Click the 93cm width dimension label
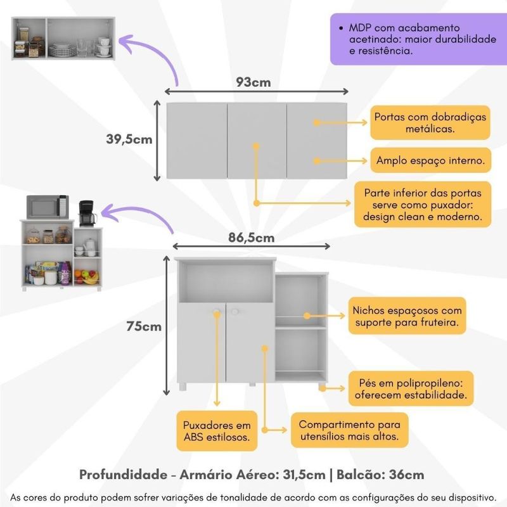point(253,82)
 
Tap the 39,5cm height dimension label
point(129,139)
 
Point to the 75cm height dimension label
point(144,326)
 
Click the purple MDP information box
point(416,39)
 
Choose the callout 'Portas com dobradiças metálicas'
point(430,122)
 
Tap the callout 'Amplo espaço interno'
point(430,160)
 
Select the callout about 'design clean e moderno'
point(422,204)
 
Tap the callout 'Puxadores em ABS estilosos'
point(216,431)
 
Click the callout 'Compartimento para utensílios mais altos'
point(349,430)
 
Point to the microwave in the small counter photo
point(46,207)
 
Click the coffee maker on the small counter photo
point(86,213)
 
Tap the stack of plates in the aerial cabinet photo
point(61,49)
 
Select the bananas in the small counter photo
point(89,276)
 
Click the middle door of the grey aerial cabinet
point(256,141)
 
